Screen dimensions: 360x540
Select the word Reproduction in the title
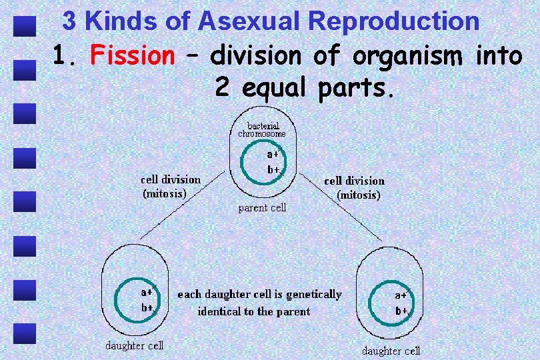pos(394,21)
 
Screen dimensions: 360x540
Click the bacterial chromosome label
pos(262,129)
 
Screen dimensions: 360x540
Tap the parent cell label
pos(262,208)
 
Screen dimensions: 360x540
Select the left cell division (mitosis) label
pos(171,187)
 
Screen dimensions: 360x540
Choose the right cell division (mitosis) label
pos(355,188)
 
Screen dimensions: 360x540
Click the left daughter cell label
pos(134,345)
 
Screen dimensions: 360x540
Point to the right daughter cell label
pos(391,351)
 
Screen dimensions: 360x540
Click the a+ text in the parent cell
pos(273,153)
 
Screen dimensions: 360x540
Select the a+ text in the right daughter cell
pos(401,295)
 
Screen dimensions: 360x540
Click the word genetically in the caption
pos(313,294)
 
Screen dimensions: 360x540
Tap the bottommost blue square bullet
pos(25,332)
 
